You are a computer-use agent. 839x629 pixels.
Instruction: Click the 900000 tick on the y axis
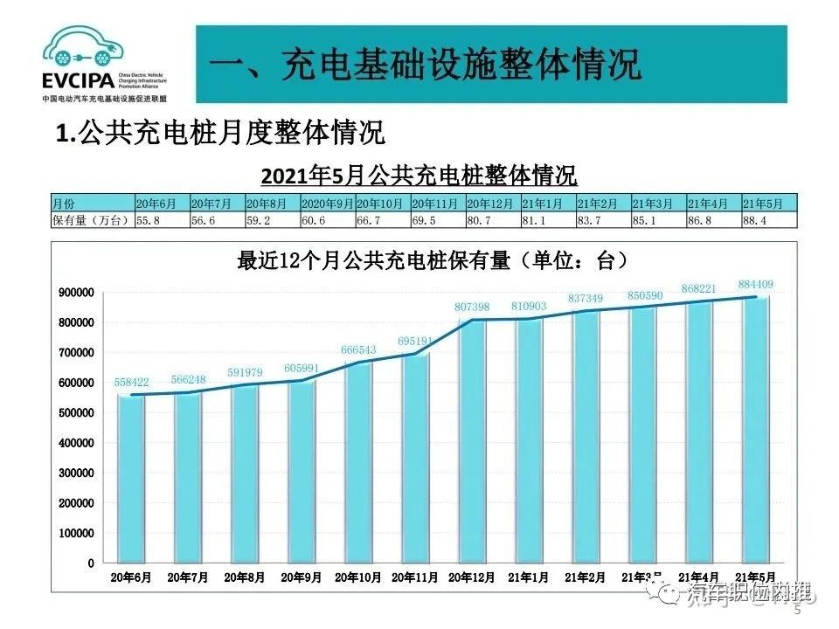click(x=77, y=293)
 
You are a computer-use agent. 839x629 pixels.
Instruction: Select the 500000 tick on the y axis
click(x=77, y=413)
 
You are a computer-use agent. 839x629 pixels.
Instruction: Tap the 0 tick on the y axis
click(x=90, y=563)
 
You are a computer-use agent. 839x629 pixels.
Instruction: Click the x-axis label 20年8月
click(x=246, y=577)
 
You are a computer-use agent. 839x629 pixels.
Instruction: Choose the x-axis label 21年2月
click(x=586, y=577)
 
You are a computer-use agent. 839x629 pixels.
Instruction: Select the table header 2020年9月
click(x=327, y=204)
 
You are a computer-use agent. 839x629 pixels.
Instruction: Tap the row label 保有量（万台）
click(x=92, y=220)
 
